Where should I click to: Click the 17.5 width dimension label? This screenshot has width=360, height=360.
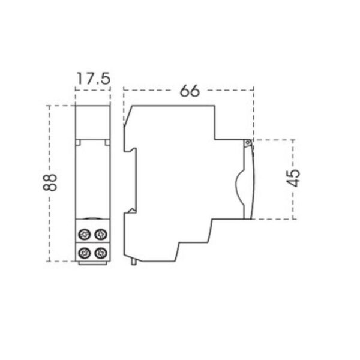click(x=93, y=79)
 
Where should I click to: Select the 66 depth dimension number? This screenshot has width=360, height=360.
click(x=190, y=91)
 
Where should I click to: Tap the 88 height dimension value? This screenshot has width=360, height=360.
click(x=50, y=182)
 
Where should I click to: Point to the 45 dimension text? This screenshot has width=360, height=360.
click(x=293, y=178)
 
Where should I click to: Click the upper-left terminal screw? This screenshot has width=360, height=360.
click(x=83, y=235)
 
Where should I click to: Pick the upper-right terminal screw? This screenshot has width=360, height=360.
click(x=101, y=235)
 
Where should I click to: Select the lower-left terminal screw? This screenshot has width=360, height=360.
click(x=83, y=253)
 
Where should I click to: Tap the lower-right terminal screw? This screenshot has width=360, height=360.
click(x=101, y=253)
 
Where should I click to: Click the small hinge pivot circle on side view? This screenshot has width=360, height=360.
click(x=247, y=143)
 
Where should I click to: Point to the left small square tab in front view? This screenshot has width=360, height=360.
click(x=78, y=142)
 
